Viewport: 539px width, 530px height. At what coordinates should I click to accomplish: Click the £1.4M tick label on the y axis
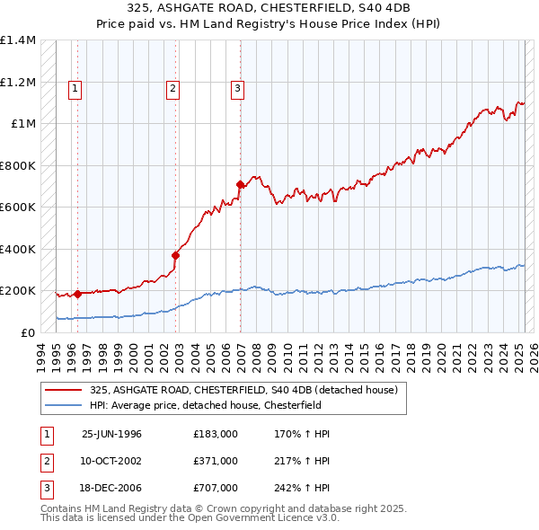pyautogui.click(x=18, y=40)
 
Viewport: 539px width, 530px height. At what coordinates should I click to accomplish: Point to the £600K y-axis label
pyautogui.click(x=18, y=208)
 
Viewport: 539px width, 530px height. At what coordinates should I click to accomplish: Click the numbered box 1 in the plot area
pyautogui.click(x=74, y=88)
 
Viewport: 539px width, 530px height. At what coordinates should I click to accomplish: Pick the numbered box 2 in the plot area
pyautogui.click(x=172, y=88)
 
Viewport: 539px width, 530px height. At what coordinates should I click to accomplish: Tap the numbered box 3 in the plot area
pyautogui.click(x=237, y=88)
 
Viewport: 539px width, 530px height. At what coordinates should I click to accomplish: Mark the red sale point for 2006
pyautogui.click(x=240, y=185)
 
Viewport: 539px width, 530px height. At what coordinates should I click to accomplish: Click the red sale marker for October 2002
pyautogui.click(x=176, y=255)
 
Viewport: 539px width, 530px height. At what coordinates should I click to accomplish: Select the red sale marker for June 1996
pyautogui.click(x=77, y=294)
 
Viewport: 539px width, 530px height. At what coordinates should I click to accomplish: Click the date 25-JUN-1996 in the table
pyautogui.click(x=111, y=434)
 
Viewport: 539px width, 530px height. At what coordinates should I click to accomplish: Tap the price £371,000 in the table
pyautogui.click(x=216, y=461)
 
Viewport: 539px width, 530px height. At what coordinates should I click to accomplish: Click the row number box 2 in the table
pyautogui.click(x=45, y=461)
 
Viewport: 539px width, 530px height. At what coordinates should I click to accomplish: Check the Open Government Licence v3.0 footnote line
pyautogui.click(x=190, y=518)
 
